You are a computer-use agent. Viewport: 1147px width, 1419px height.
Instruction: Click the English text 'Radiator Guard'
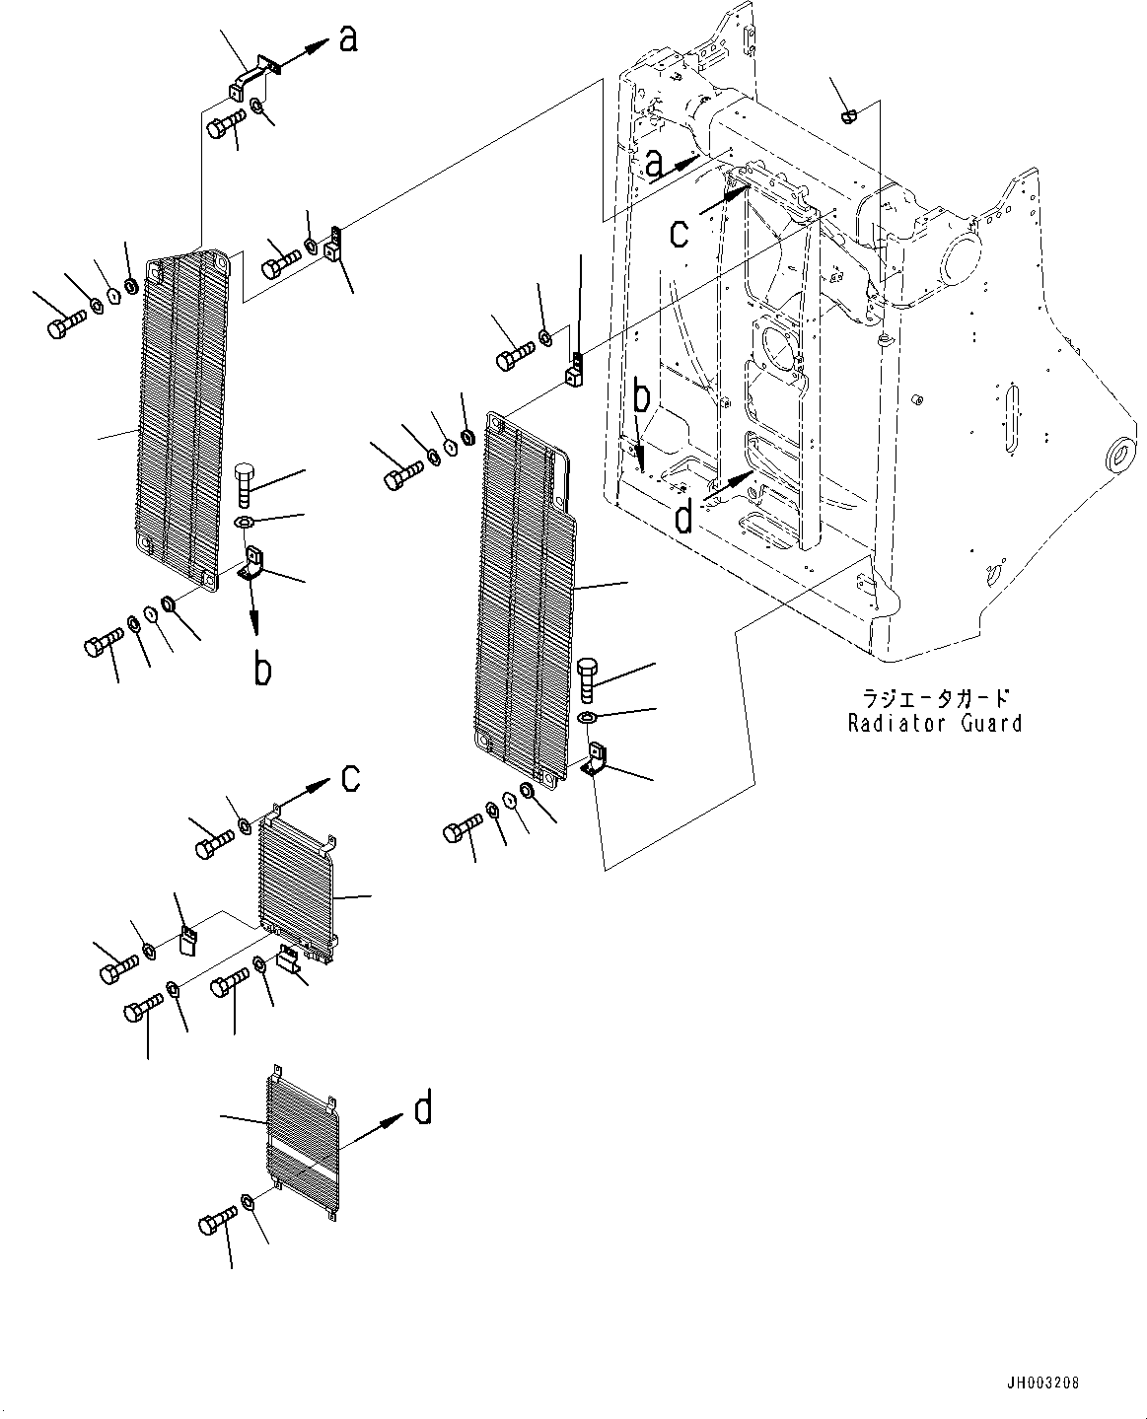click(x=934, y=723)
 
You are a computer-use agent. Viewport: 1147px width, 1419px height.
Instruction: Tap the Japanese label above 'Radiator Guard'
click(x=935, y=698)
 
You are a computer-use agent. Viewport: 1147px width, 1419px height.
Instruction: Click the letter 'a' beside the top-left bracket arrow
click(x=348, y=40)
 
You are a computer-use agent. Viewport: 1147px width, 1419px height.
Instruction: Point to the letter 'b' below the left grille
click(x=262, y=670)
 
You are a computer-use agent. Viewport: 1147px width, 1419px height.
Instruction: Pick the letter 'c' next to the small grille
click(x=350, y=778)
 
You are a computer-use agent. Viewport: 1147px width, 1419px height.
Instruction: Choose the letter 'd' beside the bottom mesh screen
click(x=421, y=1110)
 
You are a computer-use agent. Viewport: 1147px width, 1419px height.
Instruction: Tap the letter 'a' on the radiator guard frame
click(x=655, y=163)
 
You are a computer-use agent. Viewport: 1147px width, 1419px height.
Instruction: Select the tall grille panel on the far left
click(x=182, y=424)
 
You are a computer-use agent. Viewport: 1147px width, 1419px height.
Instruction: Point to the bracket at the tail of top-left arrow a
click(x=251, y=76)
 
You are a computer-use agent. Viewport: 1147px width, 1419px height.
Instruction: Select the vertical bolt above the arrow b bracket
click(x=246, y=484)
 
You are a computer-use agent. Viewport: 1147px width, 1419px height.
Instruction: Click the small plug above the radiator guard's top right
click(x=849, y=116)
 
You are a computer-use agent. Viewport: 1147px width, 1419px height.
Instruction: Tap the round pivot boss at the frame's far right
click(x=1120, y=456)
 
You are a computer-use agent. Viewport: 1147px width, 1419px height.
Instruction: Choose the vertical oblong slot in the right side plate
click(x=1011, y=420)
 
